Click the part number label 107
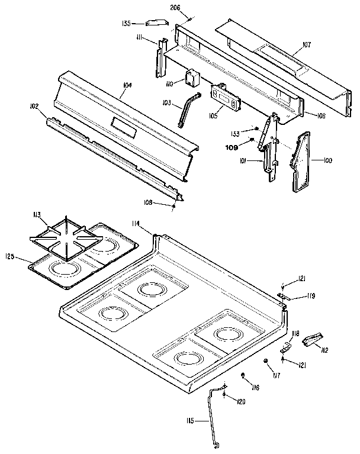[306, 44]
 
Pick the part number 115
[190, 421]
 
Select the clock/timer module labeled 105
[226, 97]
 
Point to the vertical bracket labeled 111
[159, 59]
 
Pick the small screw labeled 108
[173, 205]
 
